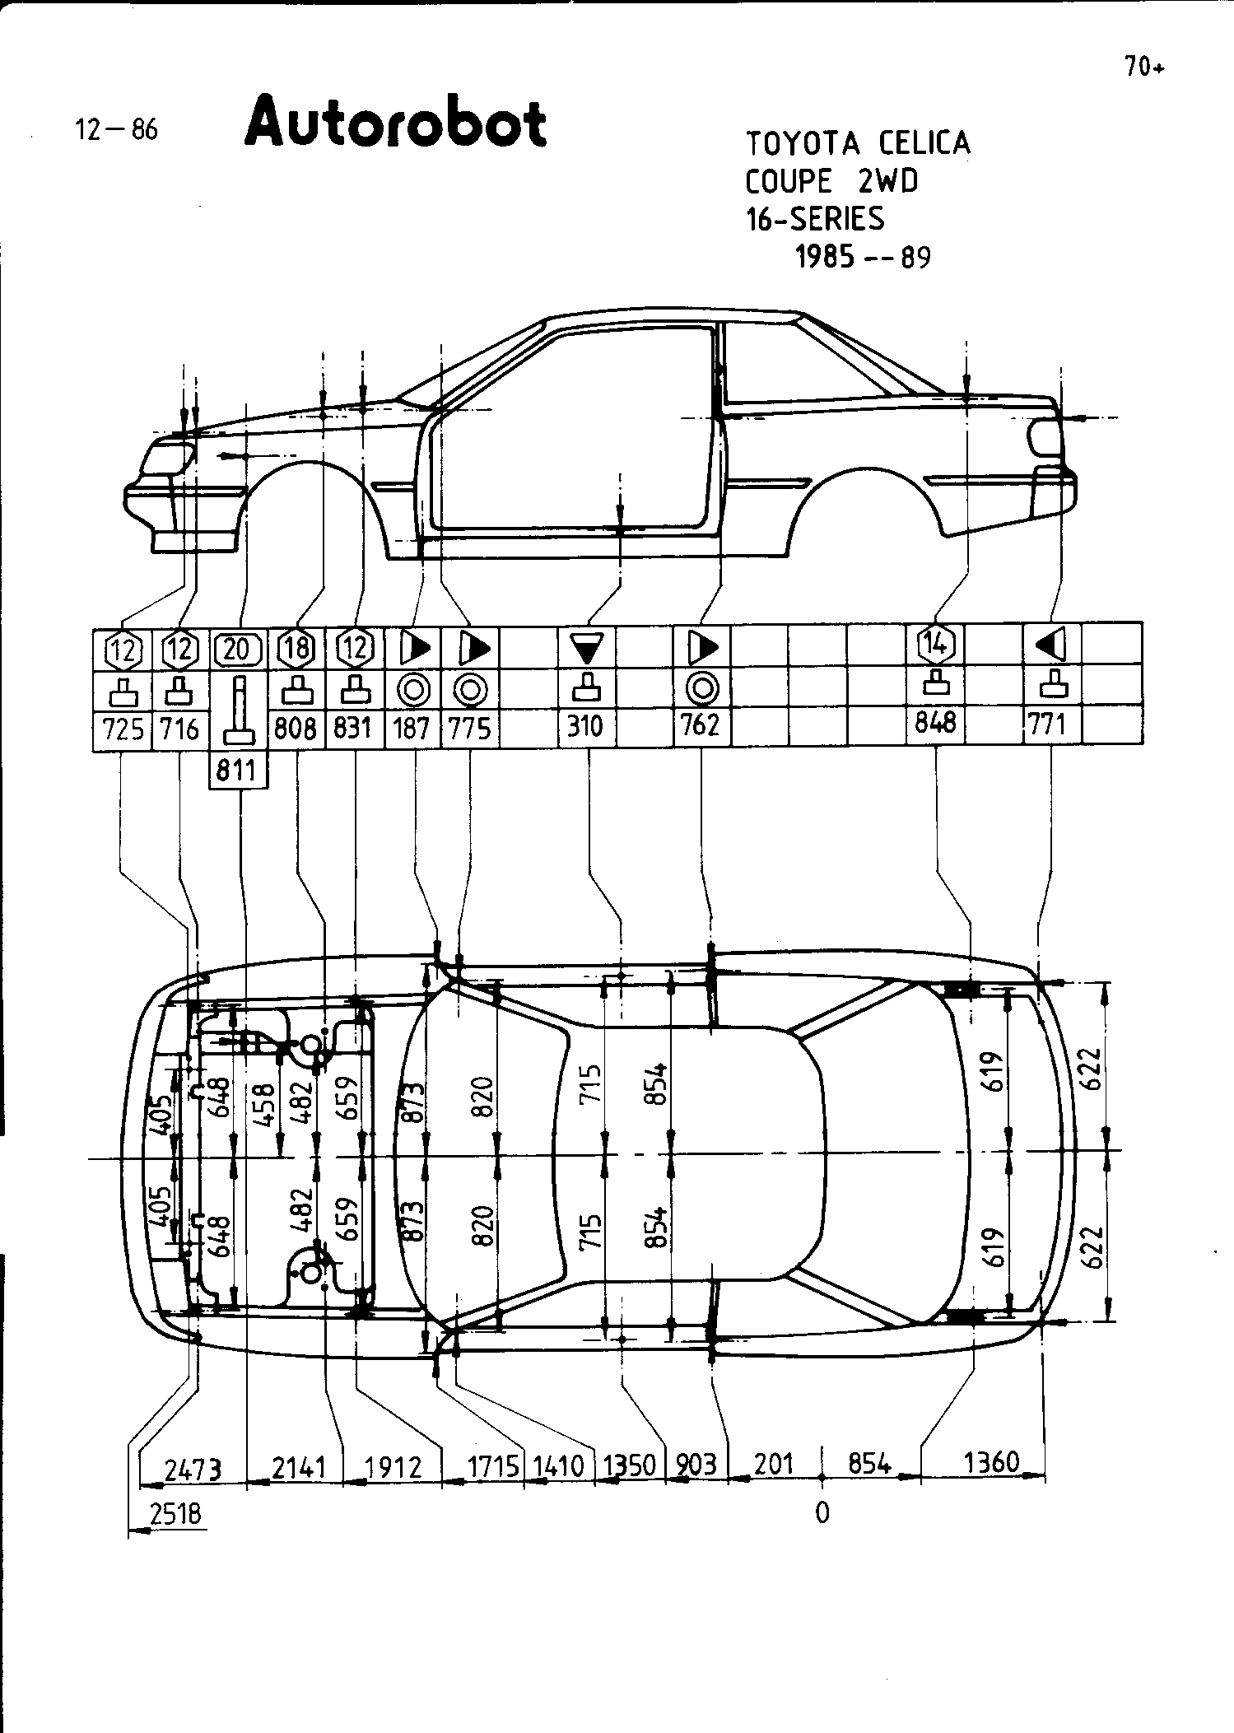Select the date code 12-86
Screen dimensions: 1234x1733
116,129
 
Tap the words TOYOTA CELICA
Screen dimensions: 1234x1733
858,144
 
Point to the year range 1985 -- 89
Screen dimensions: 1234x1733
862,258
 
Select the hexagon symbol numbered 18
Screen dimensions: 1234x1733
296,649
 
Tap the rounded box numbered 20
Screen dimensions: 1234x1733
237,650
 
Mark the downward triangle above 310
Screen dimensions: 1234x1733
587,648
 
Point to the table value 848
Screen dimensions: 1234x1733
937,722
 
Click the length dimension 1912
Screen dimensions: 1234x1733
392,1468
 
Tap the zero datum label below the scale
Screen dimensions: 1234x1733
822,1513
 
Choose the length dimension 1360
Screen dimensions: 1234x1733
991,1462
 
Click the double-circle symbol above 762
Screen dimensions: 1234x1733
702,687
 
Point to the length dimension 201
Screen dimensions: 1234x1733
774,1464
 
